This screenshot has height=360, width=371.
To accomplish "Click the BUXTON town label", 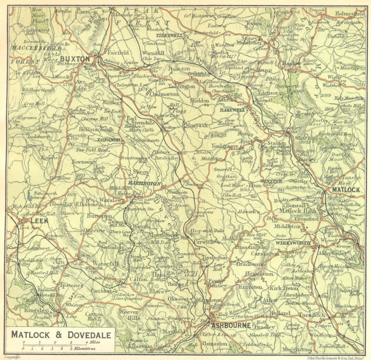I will pos(75,59).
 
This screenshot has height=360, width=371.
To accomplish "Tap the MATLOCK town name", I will pos(346,190).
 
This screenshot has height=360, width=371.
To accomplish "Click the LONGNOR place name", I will pos(109,140).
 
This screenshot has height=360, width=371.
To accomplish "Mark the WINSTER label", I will pos(272,181).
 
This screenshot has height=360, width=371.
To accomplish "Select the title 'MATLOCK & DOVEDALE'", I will pos(61,335).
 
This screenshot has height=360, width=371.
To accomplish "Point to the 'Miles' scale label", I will pos(93,342).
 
